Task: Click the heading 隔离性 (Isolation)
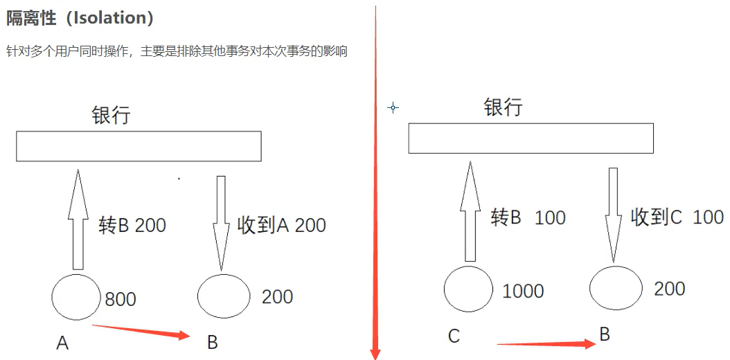click(x=80, y=18)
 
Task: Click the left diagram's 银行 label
click(x=111, y=115)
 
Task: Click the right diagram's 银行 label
click(x=503, y=107)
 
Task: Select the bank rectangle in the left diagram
click(x=139, y=146)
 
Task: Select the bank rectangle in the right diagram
click(x=531, y=138)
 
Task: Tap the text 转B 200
click(x=132, y=225)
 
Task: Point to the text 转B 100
click(x=528, y=217)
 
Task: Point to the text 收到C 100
click(x=677, y=217)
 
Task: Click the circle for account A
click(x=76, y=297)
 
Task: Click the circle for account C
click(x=468, y=289)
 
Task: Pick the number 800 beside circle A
click(x=121, y=299)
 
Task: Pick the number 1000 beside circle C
click(x=523, y=291)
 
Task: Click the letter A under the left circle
click(x=62, y=342)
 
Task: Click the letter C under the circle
click(x=454, y=336)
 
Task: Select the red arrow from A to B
click(x=141, y=331)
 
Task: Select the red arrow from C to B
click(x=546, y=343)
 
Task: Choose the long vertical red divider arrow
click(x=375, y=180)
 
